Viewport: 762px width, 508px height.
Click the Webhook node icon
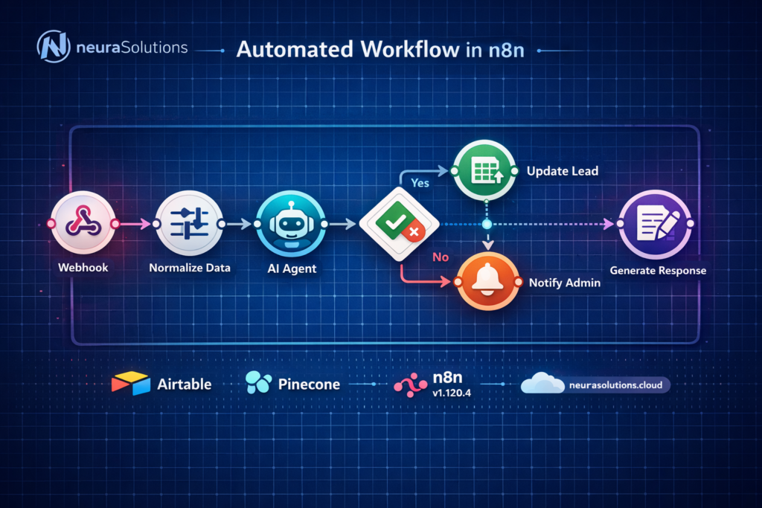(x=83, y=223)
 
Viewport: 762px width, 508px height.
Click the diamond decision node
(x=399, y=223)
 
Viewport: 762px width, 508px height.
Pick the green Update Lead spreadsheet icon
(x=485, y=171)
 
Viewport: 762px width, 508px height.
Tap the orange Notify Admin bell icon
(x=486, y=282)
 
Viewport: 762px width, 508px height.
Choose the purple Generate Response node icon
(x=657, y=223)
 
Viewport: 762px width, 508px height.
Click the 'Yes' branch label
(x=420, y=182)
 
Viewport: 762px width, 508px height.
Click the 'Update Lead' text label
(x=563, y=171)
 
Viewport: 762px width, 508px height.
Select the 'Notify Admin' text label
(x=565, y=283)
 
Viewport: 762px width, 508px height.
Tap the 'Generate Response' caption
(x=658, y=270)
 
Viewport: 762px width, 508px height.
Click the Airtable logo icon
(x=130, y=384)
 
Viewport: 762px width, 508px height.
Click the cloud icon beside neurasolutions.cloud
(x=542, y=384)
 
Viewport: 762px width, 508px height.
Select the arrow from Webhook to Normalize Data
(x=135, y=223)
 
